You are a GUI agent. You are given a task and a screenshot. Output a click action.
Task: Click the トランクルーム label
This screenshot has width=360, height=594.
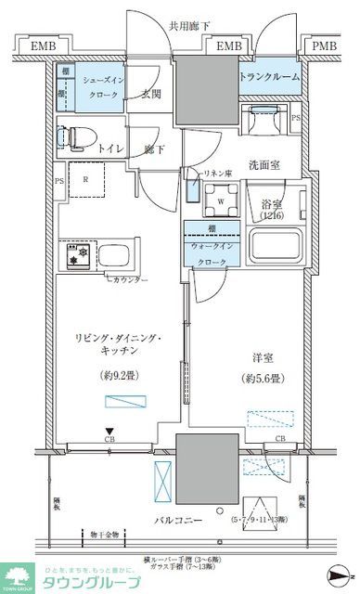(x=270, y=77)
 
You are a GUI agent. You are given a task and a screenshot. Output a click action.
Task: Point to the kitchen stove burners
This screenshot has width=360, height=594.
(x=73, y=253)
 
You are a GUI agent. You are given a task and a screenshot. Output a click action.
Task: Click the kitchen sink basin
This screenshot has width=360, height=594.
(x=118, y=255)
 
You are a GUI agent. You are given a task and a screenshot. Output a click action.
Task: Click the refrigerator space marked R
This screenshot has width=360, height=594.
(x=85, y=180)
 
